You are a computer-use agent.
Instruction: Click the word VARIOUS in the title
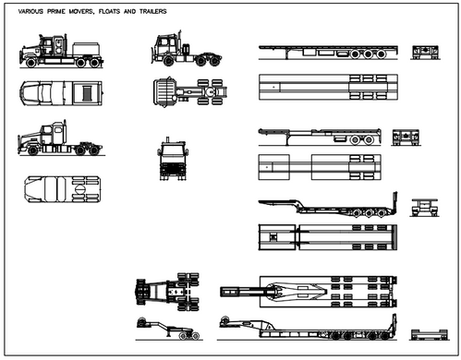point(30,11)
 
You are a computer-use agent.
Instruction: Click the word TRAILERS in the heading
point(157,11)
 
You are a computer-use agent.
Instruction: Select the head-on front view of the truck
point(173,158)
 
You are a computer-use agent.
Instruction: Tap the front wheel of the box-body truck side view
point(33,63)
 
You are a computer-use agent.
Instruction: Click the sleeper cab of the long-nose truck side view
point(57,135)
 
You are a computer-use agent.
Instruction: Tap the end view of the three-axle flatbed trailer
point(424,52)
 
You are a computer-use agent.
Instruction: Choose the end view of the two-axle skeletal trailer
point(405,138)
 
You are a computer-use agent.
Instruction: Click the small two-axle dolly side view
point(166,329)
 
